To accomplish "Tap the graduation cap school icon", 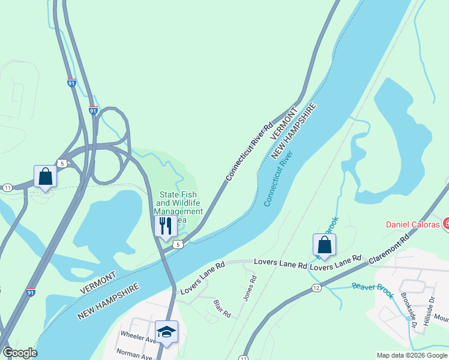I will point(167,331).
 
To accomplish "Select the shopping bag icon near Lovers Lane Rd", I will point(324,245).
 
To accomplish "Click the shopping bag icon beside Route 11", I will point(45,176).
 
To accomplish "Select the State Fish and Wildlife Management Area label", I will point(179,206).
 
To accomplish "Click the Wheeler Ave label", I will point(139,336).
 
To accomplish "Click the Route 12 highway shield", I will point(316,289).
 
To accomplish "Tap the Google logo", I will point(20,353).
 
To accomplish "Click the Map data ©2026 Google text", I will point(411,355).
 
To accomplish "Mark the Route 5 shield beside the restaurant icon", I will point(178,244).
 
